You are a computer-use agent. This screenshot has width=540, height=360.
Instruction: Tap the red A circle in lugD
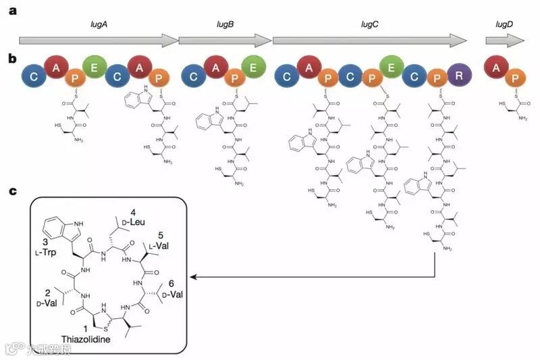(x=497, y=68)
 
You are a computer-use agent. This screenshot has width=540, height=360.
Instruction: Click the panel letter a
(x=12, y=11)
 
